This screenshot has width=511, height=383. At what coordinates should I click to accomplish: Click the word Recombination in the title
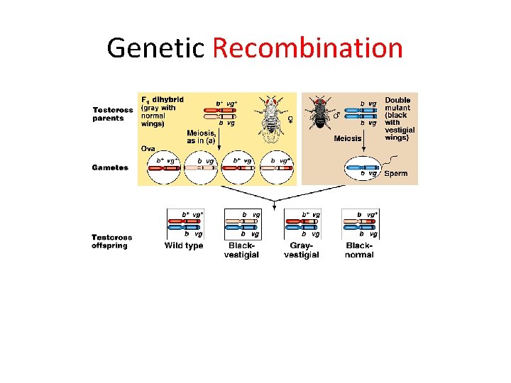(x=307, y=48)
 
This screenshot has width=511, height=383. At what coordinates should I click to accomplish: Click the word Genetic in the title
(x=155, y=48)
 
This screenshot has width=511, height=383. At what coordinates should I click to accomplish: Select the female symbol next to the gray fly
(x=290, y=118)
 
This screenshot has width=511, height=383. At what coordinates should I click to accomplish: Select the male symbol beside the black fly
(x=336, y=113)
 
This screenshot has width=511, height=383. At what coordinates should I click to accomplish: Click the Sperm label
(x=395, y=174)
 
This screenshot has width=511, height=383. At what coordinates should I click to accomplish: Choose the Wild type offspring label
(x=184, y=246)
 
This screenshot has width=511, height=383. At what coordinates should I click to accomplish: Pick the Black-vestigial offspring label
(x=241, y=250)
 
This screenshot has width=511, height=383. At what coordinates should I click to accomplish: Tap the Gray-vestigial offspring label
(x=301, y=250)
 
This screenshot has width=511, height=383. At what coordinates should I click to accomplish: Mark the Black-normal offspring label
(x=359, y=250)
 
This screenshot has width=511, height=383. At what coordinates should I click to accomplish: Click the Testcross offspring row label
(x=111, y=241)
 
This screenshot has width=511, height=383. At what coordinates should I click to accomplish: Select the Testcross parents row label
(x=113, y=114)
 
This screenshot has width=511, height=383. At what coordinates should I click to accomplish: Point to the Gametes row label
(x=110, y=167)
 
